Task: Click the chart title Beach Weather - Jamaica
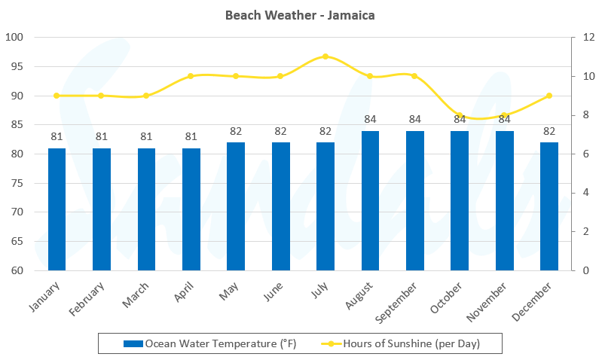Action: pyautogui.click(x=301, y=15)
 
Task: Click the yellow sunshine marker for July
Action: pyautogui.click(x=325, y=56)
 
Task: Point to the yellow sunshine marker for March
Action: pyautogui.click(x=146, y=96)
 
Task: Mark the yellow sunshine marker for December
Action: pyautogui.click(x=549, y=96)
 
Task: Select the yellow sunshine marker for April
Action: pyautogui.click(x=191, y=76)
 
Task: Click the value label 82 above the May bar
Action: pyautogui.click(x=236, y=131)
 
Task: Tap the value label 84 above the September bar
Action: pyautogui.click(x=415, y=119)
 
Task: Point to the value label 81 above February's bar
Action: pyautogui.click(x=101, y=136)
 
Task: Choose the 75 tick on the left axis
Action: pyautogui.click(x=18, y=183)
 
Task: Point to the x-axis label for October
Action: pyautogui.click(x=450, y=300)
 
